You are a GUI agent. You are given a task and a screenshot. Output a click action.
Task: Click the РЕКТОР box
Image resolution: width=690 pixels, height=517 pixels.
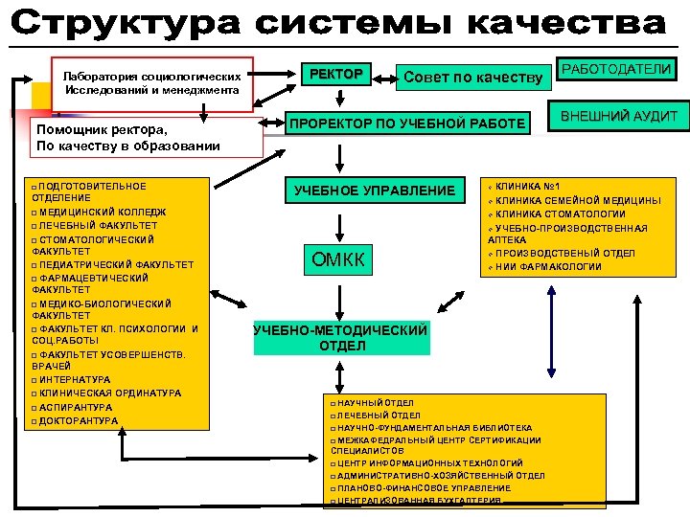pos(333,75)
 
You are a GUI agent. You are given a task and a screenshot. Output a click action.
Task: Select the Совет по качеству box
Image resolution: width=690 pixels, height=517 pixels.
pos(473,77)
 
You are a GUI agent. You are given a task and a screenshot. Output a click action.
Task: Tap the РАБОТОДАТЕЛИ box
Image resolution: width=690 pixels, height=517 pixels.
pos(616,69)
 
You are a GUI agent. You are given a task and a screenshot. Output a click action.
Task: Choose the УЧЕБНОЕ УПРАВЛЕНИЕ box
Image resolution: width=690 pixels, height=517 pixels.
pos(381,191)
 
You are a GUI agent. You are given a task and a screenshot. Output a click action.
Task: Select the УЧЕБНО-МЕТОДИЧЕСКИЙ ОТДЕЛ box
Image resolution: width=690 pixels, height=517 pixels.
pos(340,338)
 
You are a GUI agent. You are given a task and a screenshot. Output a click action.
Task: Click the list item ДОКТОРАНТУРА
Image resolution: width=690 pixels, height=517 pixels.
pos(80,421)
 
